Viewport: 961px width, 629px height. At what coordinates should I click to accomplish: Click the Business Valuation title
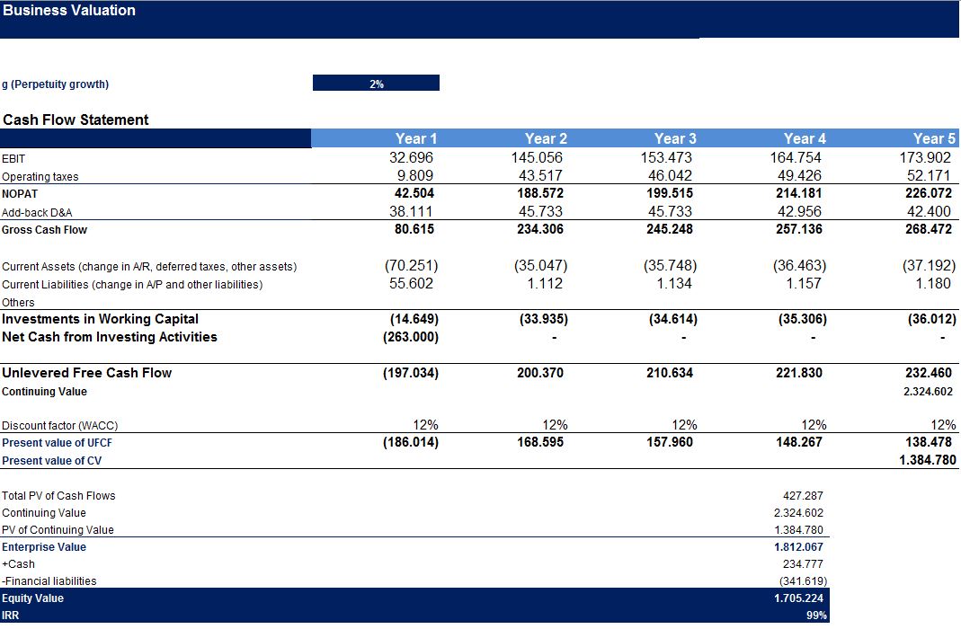(69, 11)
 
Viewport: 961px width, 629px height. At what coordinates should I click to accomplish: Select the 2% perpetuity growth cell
(377, 84)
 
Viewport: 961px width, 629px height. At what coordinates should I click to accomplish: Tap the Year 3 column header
(675, 138)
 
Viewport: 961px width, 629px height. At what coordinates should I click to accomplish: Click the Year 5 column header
(934, 138)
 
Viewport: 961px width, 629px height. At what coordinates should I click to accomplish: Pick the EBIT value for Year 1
(411, 157)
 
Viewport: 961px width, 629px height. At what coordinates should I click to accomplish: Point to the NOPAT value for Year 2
(540, 193)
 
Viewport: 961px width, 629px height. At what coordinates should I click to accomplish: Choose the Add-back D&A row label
(37, 213)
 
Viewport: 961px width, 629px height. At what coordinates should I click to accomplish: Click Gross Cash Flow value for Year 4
(799, 229)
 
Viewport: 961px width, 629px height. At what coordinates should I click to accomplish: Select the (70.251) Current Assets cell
(411, 266)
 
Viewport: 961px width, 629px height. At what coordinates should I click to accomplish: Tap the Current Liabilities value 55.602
(411, 284)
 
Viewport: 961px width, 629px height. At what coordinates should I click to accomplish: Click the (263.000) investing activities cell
(411, 337)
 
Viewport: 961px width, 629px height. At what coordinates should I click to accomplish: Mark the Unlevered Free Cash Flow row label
(87, 373)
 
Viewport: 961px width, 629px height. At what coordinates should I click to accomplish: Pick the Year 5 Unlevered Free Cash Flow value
(929, 372)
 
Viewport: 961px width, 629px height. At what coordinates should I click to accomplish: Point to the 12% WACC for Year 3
(684, 424)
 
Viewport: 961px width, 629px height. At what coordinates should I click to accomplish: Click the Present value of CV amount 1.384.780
(928, 460)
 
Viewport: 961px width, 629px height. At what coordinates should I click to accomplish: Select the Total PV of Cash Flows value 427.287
(803, 495)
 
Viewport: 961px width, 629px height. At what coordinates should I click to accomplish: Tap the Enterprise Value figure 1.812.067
(798, 547)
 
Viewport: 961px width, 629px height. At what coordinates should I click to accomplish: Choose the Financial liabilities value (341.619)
(803, 580)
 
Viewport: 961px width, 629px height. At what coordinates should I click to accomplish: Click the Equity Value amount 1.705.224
(798, 598)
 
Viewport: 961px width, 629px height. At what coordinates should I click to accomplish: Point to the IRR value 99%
(816, 615)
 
